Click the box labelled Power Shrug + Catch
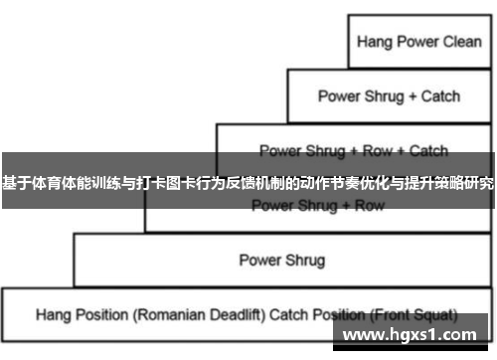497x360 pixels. [x=389, y=96]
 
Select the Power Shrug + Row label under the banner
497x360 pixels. [x=317, y=206]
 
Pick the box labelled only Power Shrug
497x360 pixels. [x=281, y=261]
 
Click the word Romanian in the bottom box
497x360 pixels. [x=161, y=314]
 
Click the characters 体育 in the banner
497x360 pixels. [x=42, y=185]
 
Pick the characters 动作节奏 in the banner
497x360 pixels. [x=305, y=185]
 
